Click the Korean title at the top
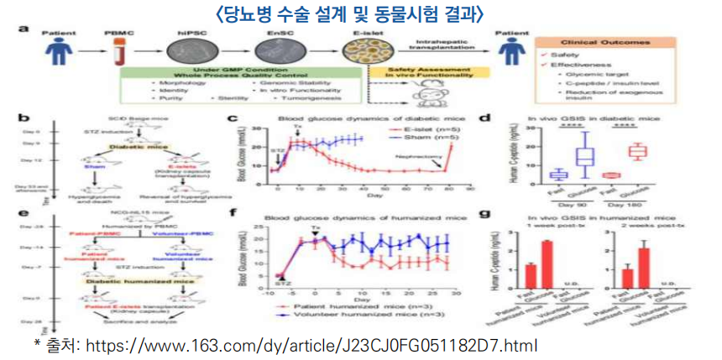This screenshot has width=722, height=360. click(361, 14)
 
